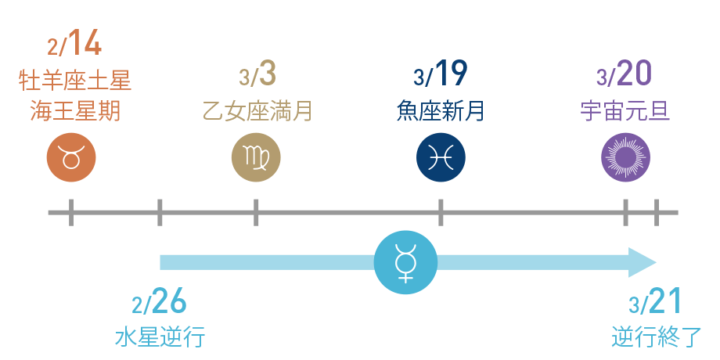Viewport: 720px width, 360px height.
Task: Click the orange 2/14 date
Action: click(75, 44)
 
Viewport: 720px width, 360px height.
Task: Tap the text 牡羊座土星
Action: click(75, 80)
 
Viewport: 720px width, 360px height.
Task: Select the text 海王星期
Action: click(75, 111)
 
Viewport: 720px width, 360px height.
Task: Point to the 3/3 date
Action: click(257, 75)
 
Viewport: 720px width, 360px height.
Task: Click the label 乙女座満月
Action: click(257, 111)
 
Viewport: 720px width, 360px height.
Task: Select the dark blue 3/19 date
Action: click(441, 75)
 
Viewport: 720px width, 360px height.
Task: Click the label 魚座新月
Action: click(441, 111)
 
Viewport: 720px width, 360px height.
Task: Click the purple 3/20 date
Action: click(625, 75)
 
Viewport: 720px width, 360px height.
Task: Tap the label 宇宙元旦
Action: click(625, 111)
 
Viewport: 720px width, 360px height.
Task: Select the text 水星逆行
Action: click(160, 337)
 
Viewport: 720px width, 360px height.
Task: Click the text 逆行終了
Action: click(656, 337)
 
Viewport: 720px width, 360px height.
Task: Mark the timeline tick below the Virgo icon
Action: click(256, 212)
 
